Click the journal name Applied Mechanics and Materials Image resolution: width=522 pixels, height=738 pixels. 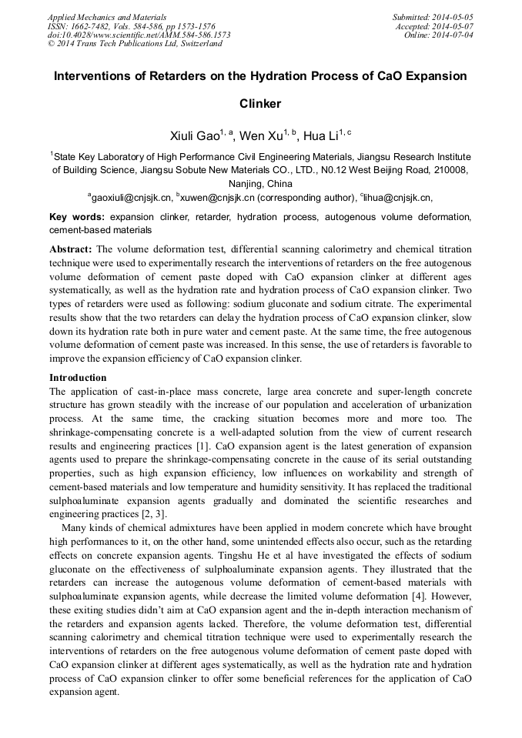pos(106,16)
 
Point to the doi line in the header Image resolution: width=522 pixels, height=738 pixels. pos(139,35)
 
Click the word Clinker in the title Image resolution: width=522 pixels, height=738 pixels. pos(260,103)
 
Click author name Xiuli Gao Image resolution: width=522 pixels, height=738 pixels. pos(196,136)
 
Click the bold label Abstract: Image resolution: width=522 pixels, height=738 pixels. pos(71,250)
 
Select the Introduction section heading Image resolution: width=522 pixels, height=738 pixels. pos(78,378)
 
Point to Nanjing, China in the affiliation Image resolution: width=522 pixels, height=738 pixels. pos(260,184)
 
